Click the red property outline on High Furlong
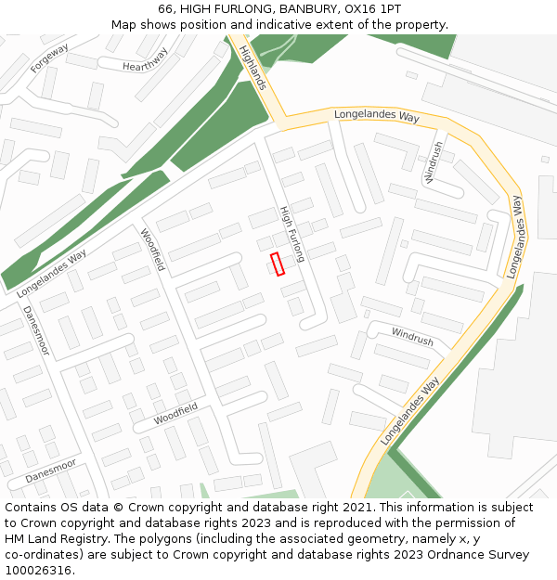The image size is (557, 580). click(276, 264)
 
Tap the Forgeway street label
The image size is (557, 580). click(48, 58)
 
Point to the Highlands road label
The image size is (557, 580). click(253, 68)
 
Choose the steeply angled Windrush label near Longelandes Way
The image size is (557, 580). click(434, 161)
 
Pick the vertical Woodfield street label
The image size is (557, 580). click(152, 250)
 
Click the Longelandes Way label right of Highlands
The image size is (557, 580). click(377, 116)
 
